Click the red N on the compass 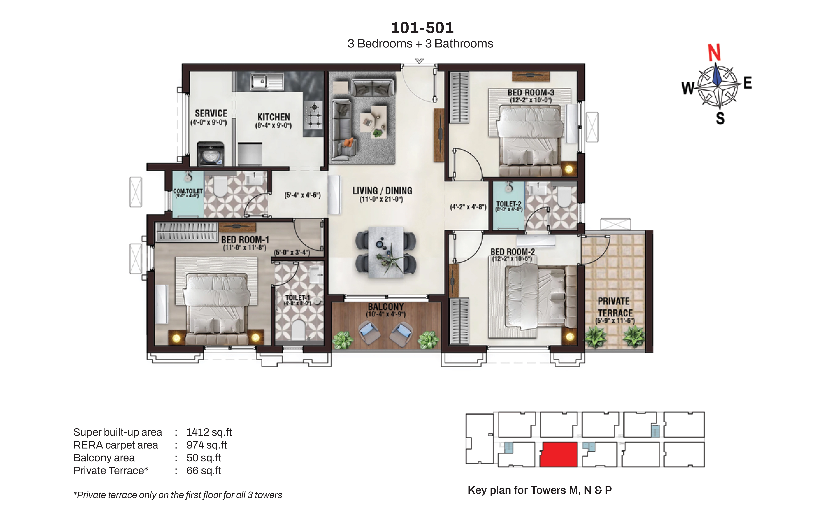tap(714, 53)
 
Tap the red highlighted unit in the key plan tap(558, 454)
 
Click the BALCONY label tap(385, 307)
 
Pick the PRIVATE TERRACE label tap(615, 307)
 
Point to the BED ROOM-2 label tap(512, 252)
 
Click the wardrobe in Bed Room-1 tap(186, 232)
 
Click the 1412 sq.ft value tap(209, 432)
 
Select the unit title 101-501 tap(422, 28)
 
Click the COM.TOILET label tap(188, 191)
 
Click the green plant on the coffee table tap(377, 132)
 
